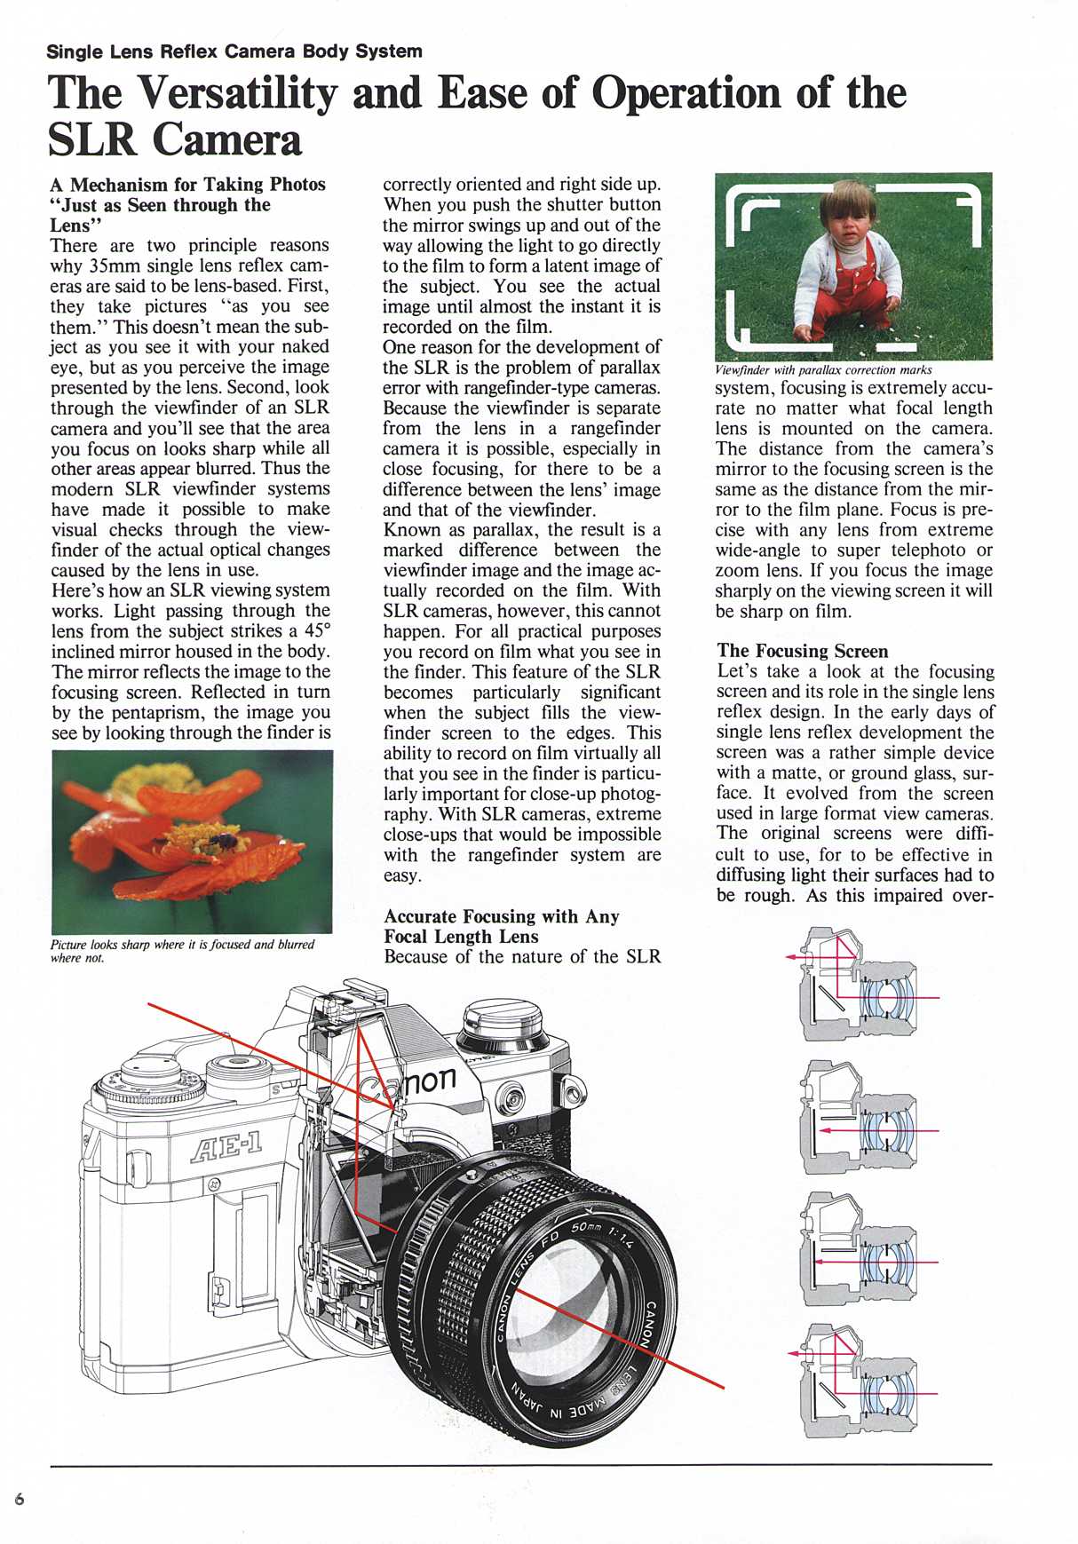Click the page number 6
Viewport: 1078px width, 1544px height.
pyautogui.click(x=20, y=1500)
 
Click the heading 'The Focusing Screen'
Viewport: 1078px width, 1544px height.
pyautogui.click(x=802, y=651)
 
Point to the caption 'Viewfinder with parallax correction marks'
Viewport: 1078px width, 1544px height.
pyautogui.click(x=823, y=369)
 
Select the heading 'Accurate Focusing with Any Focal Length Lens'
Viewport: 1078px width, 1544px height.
pyautogui.click(x=501, y=926)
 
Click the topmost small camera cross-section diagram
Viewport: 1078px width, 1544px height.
pyautogui.click(x=860, y=984)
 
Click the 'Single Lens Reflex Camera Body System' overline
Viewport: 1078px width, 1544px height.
pyautogui.click(x=234, y=51)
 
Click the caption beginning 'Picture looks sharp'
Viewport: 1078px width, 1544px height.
pyautogui.click(x=182, y=950)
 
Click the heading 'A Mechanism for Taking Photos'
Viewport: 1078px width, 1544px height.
pyautogui.click(x=187, y=185)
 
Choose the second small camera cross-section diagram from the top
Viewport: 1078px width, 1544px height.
pyautogui.click(x=860, y=1117)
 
